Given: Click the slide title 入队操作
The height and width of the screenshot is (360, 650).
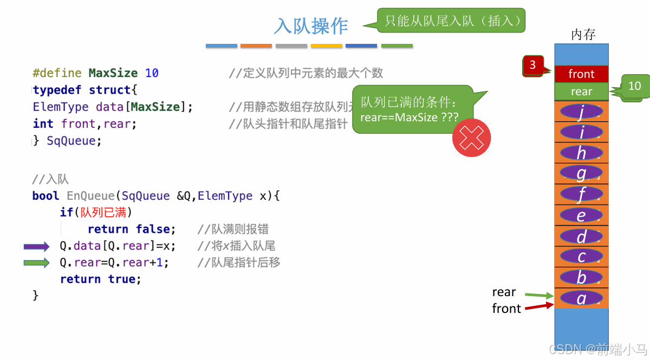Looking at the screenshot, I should click(311, 25).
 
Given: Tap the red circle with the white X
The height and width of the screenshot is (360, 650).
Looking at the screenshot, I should click(471, 138).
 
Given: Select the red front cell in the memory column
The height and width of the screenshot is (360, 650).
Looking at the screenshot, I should click(581, 74).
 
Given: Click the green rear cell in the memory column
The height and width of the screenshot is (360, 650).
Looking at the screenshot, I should click(581, 91).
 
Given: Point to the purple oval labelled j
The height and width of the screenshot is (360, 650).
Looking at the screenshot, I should click(581, 112).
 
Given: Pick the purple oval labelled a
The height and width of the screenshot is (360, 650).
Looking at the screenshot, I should click(581, 298).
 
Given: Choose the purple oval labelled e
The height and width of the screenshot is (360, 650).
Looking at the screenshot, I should click(581, 215).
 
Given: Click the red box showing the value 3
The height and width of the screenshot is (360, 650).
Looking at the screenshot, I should click(532, 66).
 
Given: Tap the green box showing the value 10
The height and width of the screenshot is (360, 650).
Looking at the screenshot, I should click(634, 86).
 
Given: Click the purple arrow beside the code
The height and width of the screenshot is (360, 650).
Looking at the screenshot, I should click(36, 247).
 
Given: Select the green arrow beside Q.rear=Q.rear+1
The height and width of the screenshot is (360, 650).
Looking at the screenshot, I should click(36, 263).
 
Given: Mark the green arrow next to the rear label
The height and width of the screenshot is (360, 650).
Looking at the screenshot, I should click(539, 295).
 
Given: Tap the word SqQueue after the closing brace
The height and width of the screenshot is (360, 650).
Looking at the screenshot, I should click(74, 141).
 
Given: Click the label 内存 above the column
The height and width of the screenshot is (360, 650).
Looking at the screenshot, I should click(583, 35).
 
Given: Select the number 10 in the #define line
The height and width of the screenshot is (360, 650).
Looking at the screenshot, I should click(152, 73).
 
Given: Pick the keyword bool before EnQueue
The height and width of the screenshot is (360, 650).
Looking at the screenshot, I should click(46, 196).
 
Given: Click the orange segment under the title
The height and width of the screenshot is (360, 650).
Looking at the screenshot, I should click(256, 46).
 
